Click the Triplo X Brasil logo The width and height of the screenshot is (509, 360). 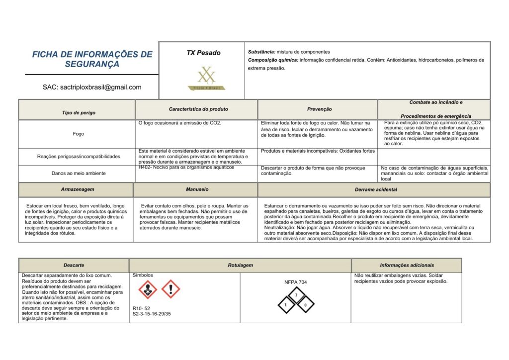click(206, 79)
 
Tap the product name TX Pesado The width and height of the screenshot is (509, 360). click(204, 53)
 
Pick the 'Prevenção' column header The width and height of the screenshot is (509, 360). click(320, 109)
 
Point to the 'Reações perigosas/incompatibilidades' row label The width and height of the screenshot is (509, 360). click(79, 157)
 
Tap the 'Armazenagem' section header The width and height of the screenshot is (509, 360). click(78, 189)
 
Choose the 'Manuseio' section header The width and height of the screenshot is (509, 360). click(197, 189)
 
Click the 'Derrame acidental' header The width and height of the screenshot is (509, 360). click(376, 189)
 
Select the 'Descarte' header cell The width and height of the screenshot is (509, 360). click(74, 266)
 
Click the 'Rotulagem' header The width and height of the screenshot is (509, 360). click(240, 266)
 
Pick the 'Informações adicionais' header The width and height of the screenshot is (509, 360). click(407, 266)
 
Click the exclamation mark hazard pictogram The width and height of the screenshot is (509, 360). click(170, 288)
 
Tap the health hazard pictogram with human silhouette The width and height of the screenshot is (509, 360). click(148, 289)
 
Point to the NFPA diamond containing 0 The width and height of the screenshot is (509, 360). click(306, 304)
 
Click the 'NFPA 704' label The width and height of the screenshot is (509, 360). click(296, 282)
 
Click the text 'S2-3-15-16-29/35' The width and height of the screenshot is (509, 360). click(152, 314)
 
